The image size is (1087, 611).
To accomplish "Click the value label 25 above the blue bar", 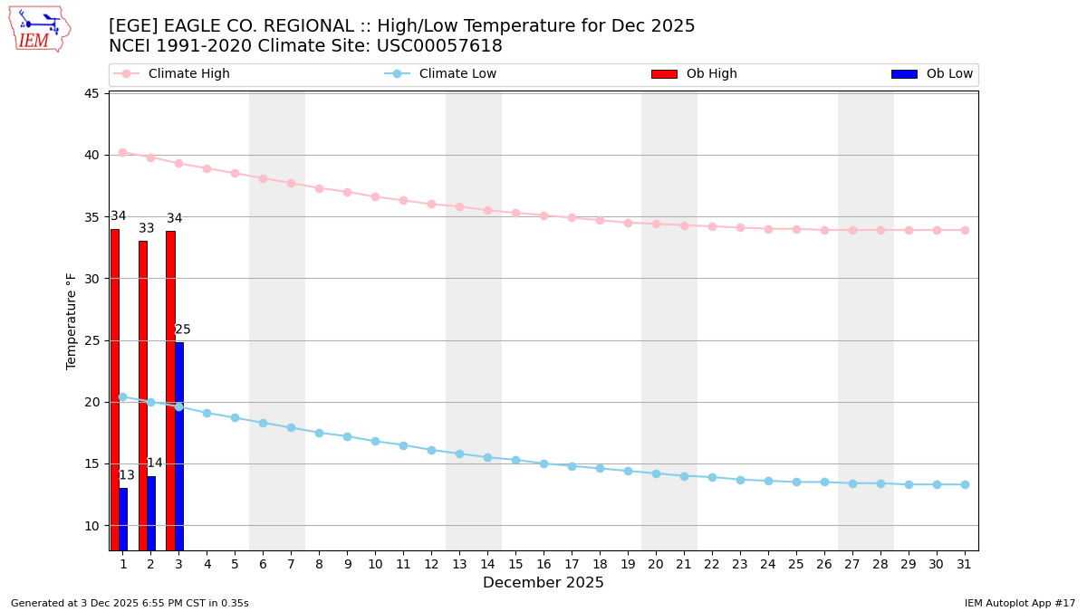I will coord(183,329).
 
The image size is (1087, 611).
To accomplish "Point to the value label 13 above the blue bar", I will coord(127,475).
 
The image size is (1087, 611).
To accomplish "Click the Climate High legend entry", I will coord(188,74).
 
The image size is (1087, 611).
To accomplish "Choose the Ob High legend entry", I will coord(711,74).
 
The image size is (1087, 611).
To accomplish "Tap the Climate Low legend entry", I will coord(457,74).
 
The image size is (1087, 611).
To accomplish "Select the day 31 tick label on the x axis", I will coord(965,564).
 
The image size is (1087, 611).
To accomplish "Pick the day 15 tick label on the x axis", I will coord(515,564).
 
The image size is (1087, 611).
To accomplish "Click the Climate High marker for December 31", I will coord(965,230).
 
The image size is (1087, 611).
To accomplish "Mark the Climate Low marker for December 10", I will coord(375,441).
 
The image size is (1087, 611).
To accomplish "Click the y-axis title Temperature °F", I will coord(72,320).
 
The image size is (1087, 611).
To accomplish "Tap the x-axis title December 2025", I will coord(543,583).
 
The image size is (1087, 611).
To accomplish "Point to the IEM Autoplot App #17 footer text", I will coord(1020,603).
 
